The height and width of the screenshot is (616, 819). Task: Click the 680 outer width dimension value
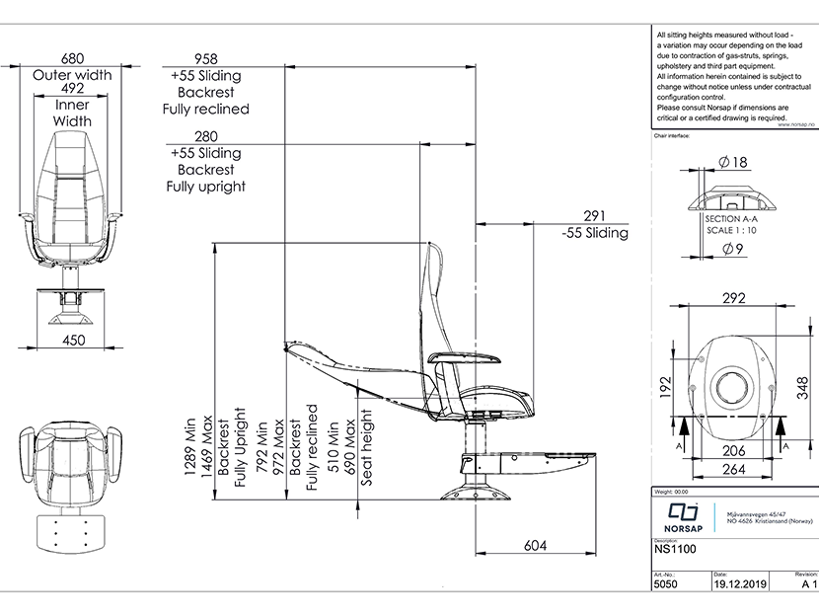pyautogui.click(x=72, y=58)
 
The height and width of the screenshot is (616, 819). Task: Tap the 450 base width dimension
pyautogui.click(x=72, y=341)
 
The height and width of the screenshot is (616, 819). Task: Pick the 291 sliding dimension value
pyautogui.click(x=593, y=216)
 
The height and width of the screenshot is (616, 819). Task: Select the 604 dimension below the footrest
pyautogui.click(x=535, y=545)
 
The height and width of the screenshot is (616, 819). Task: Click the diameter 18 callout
pyautogui.click(x=733, y=162)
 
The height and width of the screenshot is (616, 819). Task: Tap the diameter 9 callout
pyautogui.click(x=733, y=248)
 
